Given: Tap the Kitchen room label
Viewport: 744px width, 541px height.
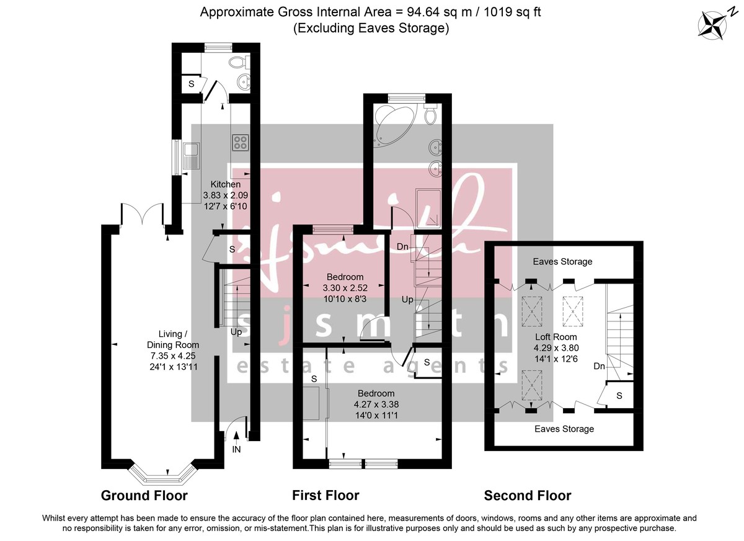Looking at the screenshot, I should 226,184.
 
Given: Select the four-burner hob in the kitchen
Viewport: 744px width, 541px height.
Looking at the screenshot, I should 241,142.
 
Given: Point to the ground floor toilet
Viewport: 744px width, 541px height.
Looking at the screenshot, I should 237,61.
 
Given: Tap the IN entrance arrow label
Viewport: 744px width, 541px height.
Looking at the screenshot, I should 236,449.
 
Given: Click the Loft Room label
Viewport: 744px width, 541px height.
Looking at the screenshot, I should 556,337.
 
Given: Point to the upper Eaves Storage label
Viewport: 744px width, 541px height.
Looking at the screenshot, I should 563,262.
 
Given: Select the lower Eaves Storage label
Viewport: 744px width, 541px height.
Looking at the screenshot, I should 564,429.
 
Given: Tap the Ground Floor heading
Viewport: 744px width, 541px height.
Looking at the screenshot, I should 144,495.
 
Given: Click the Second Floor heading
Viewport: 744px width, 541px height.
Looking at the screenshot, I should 527,495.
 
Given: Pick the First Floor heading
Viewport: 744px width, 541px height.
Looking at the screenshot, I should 325,495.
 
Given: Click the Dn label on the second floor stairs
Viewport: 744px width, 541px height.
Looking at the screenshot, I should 599,367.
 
